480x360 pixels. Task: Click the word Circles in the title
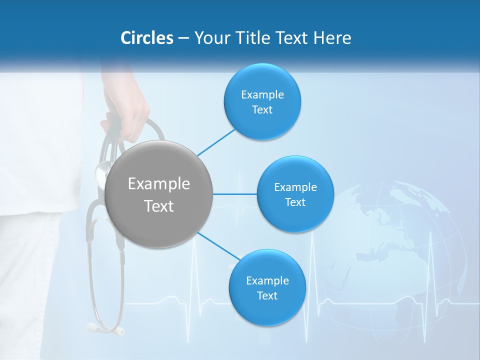[x=146, y=38]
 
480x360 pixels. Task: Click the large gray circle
[x=159, y=194]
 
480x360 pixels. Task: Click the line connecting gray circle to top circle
[x=216, y=141]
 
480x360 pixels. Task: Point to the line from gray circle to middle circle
[x=235, y=194]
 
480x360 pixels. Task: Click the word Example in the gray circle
[x=159, y=184]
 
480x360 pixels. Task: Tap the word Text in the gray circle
[x=159, y=206]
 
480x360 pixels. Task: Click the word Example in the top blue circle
[x=262, y=95]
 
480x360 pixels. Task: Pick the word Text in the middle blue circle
[x=295, y=202]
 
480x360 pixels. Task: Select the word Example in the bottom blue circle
[x=267, y=281]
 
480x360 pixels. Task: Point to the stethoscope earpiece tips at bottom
[x=106, y=328]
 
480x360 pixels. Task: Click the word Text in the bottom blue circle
[x=267, y=295]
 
